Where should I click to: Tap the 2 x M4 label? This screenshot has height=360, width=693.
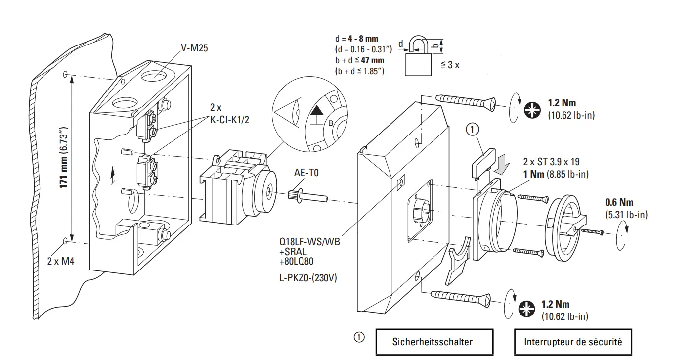[x=60, y=261]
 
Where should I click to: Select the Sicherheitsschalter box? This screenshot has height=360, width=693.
[x=434, y=342]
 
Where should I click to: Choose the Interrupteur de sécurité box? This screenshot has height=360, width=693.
[x=573, y=342]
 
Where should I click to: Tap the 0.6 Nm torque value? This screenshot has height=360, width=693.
[x=619, y=202]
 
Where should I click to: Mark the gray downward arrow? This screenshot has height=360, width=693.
[x=503, y=164]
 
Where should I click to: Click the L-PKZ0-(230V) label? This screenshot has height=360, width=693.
[x=307, y=278]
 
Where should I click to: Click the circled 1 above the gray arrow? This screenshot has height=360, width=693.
[x=472, y=130]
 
